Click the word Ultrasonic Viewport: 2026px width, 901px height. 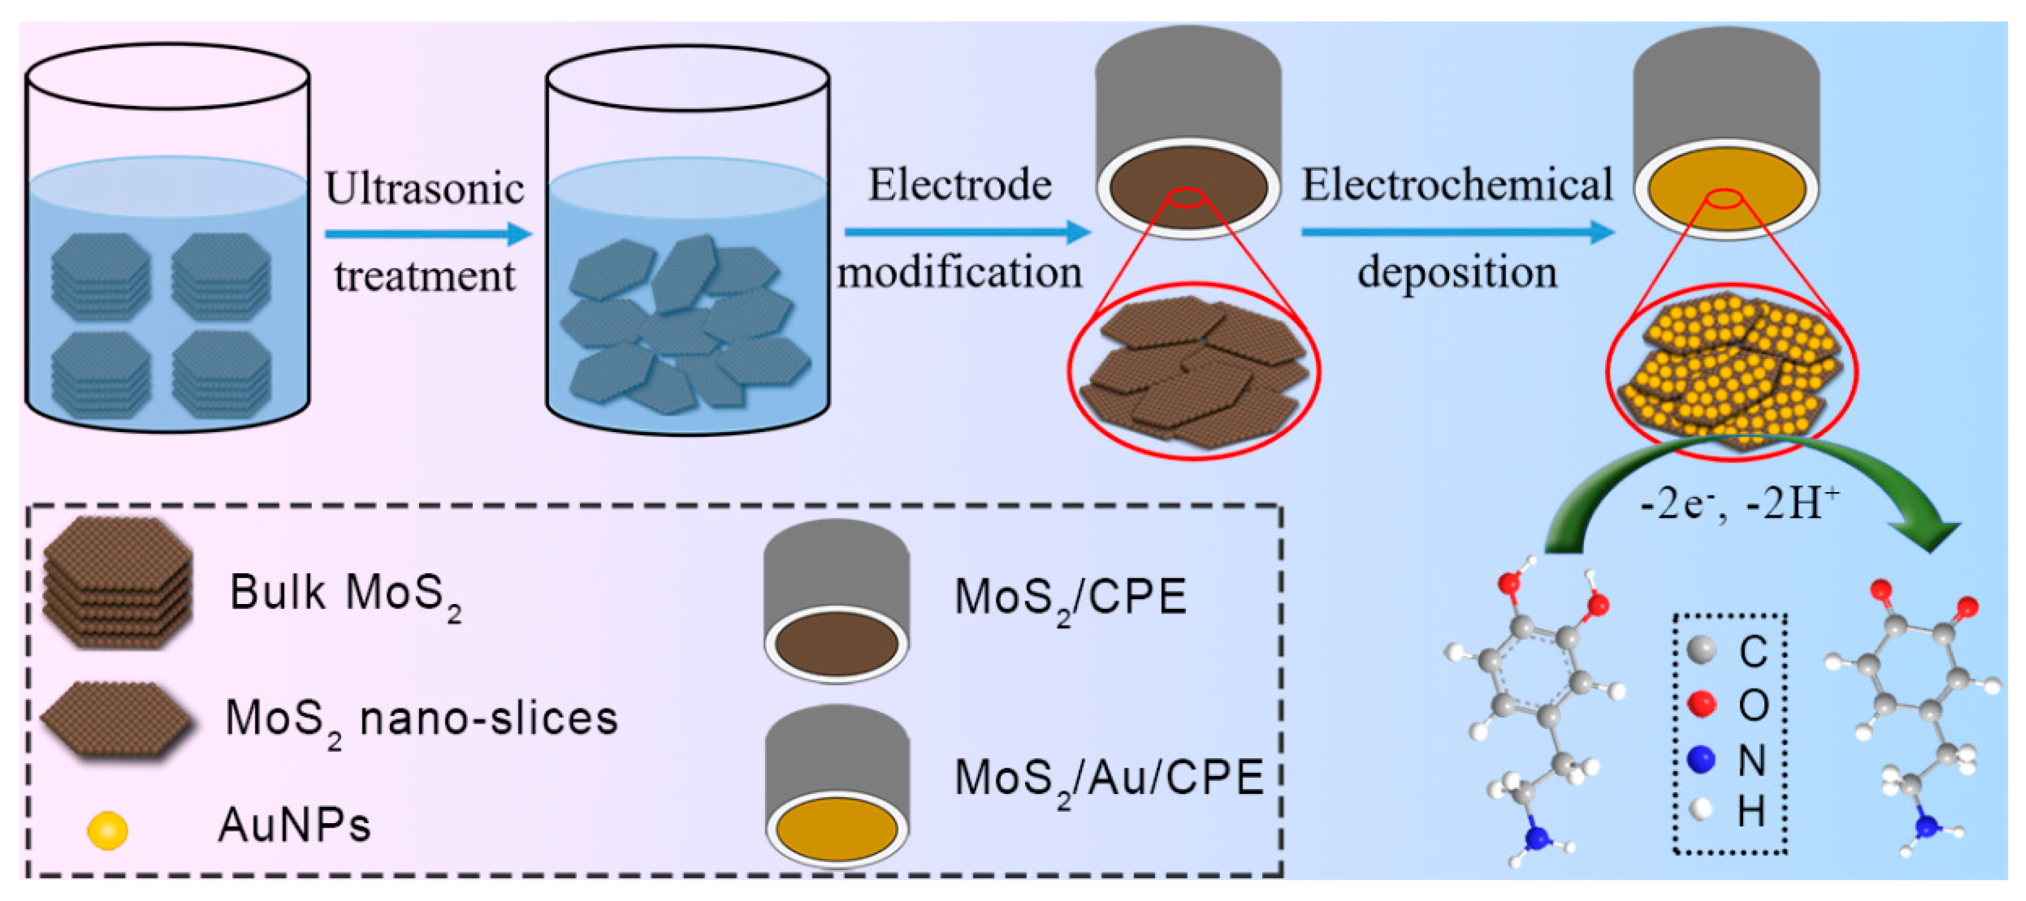click(x=424, y=189)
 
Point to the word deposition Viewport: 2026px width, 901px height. click(x=1457, y=273)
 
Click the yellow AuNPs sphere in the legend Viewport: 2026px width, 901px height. click(x=107, y=830)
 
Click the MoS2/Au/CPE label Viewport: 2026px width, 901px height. click(x=1107, y=778)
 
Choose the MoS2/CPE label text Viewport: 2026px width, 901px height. click(x=1070, y=597)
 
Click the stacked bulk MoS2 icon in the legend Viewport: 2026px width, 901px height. click(x=118, y=582)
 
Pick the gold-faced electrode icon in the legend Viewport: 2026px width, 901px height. click(x=837, y=786)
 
